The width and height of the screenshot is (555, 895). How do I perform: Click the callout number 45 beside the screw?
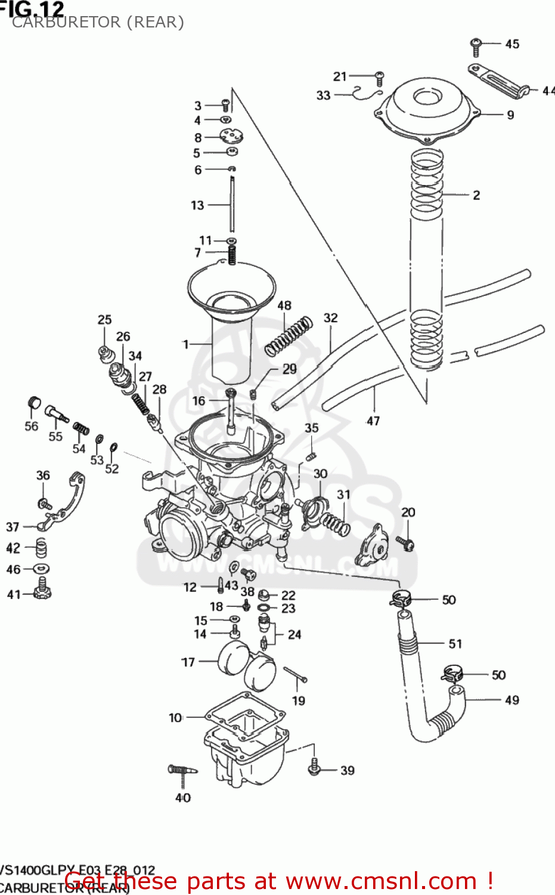512,44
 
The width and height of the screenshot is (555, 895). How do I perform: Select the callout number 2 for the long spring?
476,195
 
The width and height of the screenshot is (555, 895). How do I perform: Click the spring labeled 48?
289,336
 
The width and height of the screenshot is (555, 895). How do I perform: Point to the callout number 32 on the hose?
330,318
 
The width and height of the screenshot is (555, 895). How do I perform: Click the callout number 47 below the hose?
373,421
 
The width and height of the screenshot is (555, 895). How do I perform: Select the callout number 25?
104,320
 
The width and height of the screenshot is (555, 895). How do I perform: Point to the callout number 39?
348,770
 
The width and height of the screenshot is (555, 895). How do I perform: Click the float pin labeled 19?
294,674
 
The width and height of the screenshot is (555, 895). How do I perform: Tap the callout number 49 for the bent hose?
512,700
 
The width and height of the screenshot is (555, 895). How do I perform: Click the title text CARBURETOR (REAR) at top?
98,23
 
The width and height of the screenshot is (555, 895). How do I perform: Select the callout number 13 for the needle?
197,205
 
